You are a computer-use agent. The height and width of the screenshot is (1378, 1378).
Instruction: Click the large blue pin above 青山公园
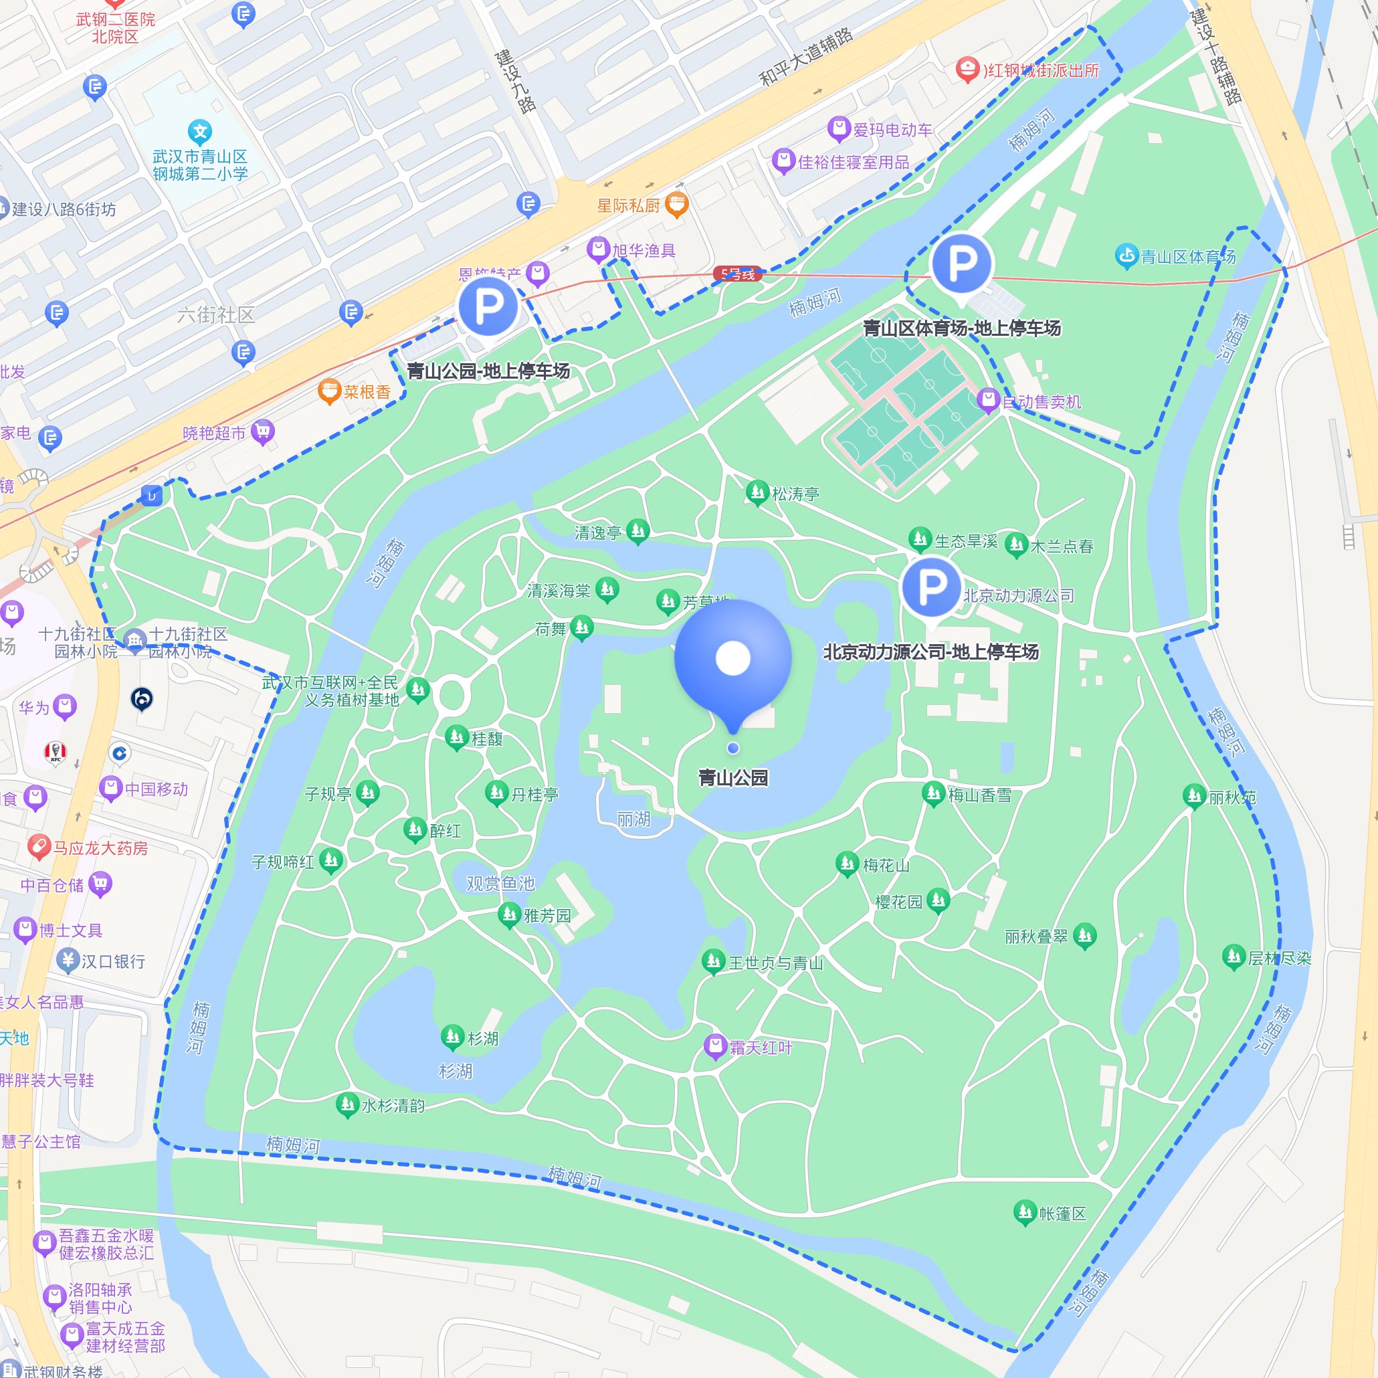732,657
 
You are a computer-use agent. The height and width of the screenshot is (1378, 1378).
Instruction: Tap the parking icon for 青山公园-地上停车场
488,306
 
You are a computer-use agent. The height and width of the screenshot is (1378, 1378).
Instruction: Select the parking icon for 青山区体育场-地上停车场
961,263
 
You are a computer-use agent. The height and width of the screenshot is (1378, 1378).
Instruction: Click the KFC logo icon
55,753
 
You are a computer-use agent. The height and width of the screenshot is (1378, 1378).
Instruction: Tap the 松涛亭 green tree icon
756,492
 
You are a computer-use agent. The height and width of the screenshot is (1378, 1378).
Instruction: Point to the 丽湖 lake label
633,819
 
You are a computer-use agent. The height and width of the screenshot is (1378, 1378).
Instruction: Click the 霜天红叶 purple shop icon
714,1046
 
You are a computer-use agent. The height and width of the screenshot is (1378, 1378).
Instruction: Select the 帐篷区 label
1062,1213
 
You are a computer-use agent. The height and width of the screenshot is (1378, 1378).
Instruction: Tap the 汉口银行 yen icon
68,960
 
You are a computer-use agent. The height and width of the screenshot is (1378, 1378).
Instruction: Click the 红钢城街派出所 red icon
967,69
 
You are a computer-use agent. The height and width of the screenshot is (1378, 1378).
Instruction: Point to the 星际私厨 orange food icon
676,205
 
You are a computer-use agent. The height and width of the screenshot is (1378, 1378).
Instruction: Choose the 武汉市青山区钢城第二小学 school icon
201,132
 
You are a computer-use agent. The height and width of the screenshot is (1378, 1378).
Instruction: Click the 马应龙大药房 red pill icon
39,847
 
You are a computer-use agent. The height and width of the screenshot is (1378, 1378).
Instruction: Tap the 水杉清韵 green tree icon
347,1105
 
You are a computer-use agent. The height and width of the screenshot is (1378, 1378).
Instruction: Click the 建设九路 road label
516,80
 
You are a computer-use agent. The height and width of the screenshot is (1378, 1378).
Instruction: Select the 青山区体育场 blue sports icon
1126,256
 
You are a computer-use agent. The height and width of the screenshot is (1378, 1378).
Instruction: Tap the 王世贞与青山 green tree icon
712,961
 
